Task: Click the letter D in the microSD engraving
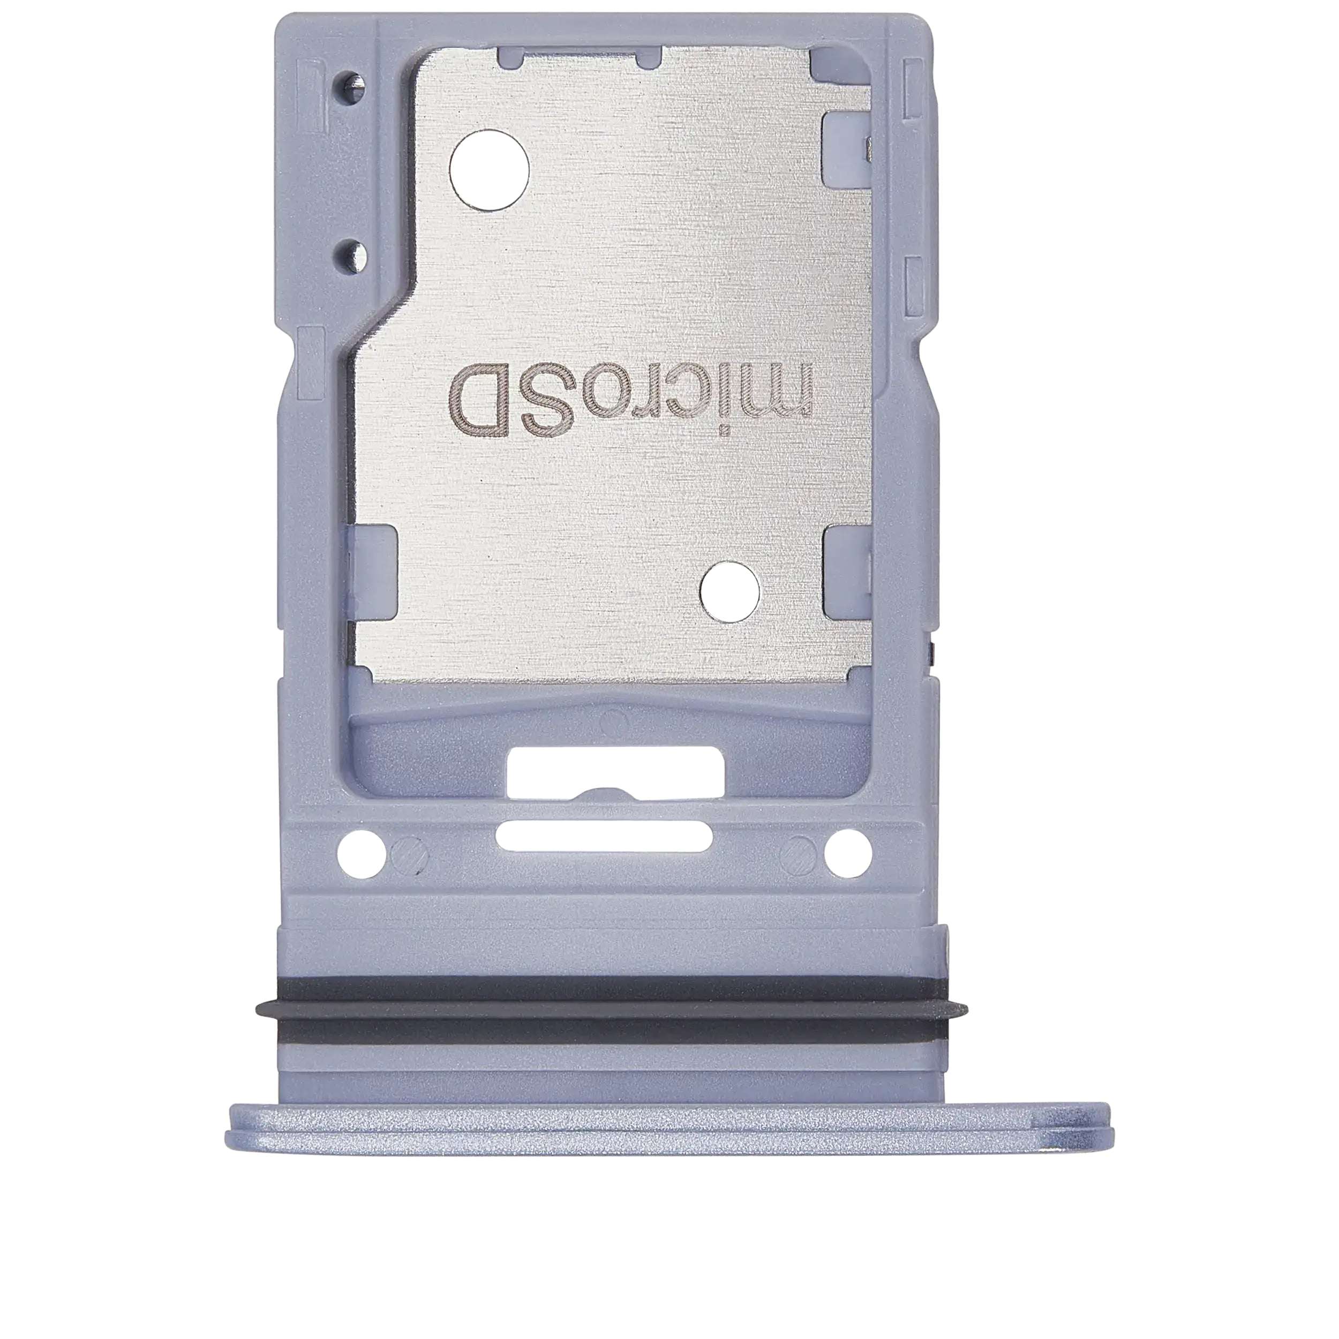point(479,403)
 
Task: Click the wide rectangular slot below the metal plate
point(615,771)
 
